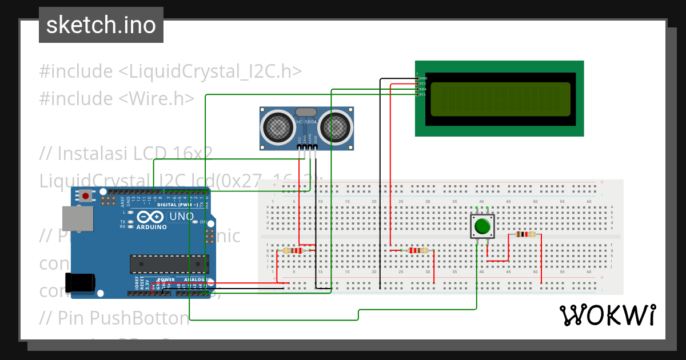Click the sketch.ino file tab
(x=101, y=25)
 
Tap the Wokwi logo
(x=607, y=315)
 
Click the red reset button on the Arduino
(x=86, y=196)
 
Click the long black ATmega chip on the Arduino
(x=169, y=263)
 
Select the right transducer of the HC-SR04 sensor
(x=335, y=127)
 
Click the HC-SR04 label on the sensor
(x=306, y=122)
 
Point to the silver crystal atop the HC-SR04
(x=306, y=111)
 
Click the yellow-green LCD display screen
(x=500, y=98)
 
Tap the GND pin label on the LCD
(x=423, y=78)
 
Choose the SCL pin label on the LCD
(x=423, y=94)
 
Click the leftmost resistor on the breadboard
(x=293, y=250)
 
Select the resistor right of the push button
(x=525, y=234)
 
